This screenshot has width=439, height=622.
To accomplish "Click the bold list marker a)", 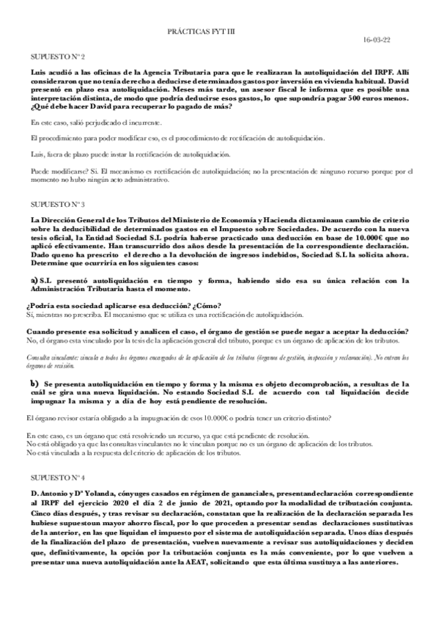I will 34,280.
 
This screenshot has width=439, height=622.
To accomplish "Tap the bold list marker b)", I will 34,384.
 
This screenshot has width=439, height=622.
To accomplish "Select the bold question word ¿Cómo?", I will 207,305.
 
